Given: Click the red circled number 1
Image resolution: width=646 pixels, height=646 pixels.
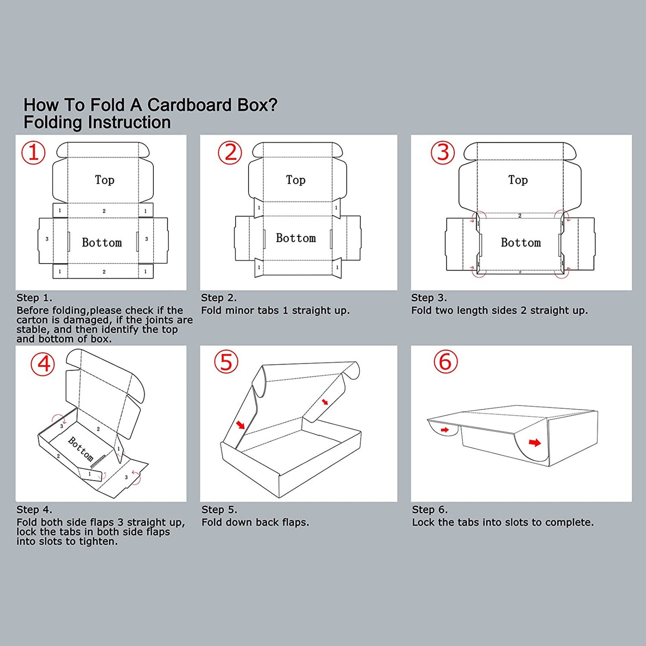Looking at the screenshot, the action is click(33, 153).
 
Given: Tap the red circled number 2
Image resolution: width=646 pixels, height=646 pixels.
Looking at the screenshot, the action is click(230, 153).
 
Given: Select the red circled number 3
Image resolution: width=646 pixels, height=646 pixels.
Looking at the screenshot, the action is click(443, 153).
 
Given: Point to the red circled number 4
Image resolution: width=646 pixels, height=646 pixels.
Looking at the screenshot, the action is click(43, 364).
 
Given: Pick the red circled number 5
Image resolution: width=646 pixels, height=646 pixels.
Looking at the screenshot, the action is click(226, 362).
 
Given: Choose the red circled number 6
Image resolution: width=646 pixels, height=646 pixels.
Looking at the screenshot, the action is click(445, 362).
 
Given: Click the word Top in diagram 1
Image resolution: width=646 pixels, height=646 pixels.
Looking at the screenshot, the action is click(105, 180).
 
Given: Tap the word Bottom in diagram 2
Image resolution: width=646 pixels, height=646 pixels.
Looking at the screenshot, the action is click(296, 238).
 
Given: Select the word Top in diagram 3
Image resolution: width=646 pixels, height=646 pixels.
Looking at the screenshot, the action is click(518, 180).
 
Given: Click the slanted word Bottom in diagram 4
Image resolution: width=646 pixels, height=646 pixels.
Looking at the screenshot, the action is click(81, 449).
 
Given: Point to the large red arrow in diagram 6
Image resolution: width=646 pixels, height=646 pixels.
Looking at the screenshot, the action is click(535, 442).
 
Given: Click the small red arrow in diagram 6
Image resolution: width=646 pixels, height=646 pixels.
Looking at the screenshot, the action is click(445, 430).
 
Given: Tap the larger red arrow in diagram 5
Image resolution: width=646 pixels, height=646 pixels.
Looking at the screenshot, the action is click(240, 425).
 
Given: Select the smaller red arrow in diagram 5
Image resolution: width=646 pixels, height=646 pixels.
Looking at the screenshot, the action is click(325, 402).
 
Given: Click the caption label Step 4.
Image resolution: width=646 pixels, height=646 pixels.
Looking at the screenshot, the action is click(34, 509).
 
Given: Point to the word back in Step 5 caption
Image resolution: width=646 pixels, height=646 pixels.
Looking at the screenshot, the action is click(267, 522).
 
